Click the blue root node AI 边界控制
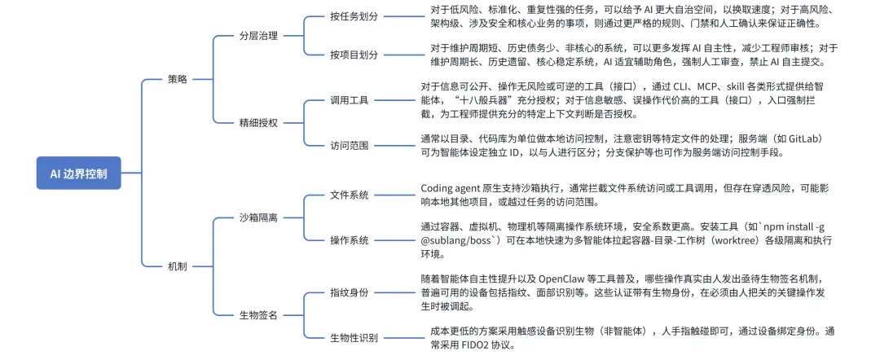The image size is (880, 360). (78, 173)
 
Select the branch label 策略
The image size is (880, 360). (177, 79)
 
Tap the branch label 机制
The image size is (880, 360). (177, 266)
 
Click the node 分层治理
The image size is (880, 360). (258, 36)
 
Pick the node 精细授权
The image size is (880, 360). (258, 122)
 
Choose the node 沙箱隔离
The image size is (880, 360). (258, 217)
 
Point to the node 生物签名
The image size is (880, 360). (258, 314)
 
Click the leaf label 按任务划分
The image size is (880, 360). (354, 16)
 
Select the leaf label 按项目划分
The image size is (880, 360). (354, 55)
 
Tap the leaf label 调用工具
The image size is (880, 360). (349, 100)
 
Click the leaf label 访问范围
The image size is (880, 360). (349, 145)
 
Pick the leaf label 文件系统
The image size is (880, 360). (349, 195)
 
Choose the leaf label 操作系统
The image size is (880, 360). (349, 240)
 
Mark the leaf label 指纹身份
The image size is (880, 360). (349, 292)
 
